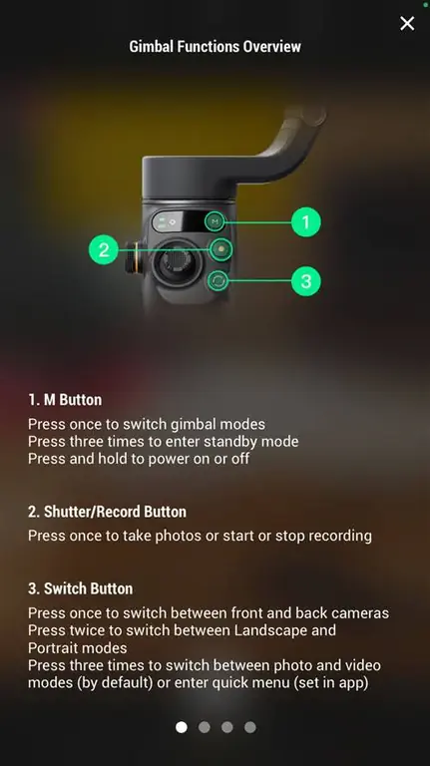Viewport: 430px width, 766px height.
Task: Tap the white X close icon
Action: tap(407, 23)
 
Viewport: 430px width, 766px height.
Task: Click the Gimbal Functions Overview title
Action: tap(215, 47)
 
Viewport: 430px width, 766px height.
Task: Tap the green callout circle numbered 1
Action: tap(306, 222)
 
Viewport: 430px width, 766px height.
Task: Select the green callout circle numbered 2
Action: tap(104, 250)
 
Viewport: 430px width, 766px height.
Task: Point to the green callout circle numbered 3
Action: tap(306, 281)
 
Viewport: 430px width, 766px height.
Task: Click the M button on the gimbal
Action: tap(215, 221)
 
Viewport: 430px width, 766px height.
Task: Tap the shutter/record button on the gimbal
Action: tap(220, 249)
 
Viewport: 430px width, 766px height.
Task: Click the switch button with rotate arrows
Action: tap(217, 281)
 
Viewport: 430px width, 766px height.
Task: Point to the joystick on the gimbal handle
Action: tap(178, 263)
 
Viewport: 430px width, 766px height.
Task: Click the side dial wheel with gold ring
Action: tap(133, 256)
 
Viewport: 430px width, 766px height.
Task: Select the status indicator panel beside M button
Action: tap(178, 221)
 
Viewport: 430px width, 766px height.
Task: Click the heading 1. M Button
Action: tap(65, 400)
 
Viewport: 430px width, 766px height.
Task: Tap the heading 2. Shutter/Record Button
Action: tap(107, 512)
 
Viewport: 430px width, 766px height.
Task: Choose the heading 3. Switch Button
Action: tap(80, 588)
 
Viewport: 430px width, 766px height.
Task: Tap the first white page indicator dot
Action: tap(182, 727)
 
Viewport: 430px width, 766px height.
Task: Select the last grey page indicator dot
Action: tap(250, 727)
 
